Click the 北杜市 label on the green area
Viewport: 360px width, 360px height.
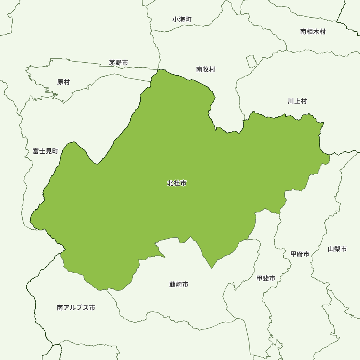tap(177, 183)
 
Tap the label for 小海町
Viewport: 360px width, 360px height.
tap(182, 19)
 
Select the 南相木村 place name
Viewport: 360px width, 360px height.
tap(312, 32)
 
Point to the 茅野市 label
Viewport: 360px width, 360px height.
tap(118, 63)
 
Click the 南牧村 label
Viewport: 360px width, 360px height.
tap(206, 69)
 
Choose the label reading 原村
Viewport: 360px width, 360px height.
tap(63, 82)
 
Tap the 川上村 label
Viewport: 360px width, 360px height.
tap(297, 101)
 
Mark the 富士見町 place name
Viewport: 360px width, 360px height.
tap(45, 151)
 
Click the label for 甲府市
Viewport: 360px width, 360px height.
tap(300, 254)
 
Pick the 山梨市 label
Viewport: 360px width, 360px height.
tap(337, 249)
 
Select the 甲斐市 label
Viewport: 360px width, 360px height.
tap(266, 278)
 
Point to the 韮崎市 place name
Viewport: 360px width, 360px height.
tap(179, 284)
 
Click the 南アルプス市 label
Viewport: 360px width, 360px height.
tap(76, 308)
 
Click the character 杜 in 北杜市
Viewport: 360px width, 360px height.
tap(177, 183)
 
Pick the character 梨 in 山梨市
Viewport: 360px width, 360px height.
tap(337, 249)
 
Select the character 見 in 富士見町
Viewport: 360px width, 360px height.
tap(49, 151)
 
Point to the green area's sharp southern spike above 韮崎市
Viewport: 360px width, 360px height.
tap(212, 267)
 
